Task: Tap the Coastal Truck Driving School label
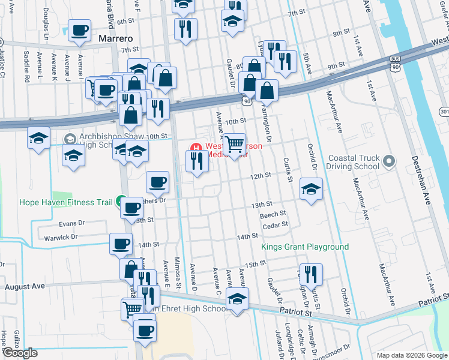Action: tap(354, 162)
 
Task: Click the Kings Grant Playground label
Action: tap(305, 247)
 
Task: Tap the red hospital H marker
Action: tap(195, 147)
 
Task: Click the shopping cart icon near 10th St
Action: tap(235, 144)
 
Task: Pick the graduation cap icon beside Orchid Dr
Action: tap(311, 188)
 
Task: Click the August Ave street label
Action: tap(26, 287)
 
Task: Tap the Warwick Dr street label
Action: tap(61, 238)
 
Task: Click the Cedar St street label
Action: tap(276, 225)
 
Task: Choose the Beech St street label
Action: tap(273, 214)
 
